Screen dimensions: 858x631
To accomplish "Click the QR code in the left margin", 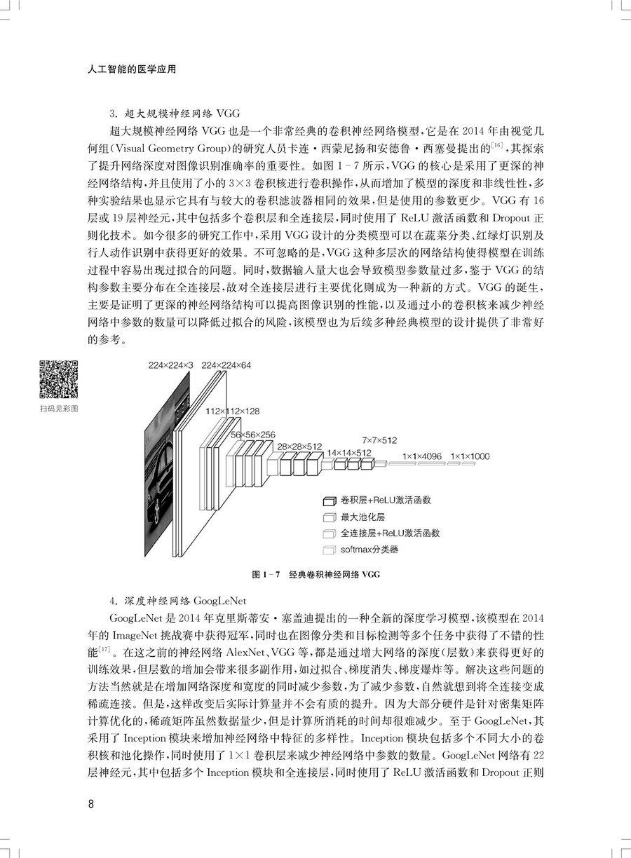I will pos(57,379).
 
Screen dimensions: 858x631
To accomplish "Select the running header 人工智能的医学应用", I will pos(128,69).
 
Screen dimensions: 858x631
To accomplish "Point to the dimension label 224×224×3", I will pos(170,365).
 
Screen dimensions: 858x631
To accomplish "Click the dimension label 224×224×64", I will pos(226,365).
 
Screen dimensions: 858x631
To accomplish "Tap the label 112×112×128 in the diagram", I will pos(233,411).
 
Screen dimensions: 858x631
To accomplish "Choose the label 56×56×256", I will pos(252,435).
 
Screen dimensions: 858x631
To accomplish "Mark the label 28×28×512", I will pos(299,446).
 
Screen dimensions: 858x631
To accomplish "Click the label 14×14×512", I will pos(348,453).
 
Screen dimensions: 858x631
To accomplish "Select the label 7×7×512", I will pos(379,440).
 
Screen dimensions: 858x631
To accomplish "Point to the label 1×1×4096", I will pos(422,456).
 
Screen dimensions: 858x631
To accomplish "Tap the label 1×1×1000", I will pos(470,456).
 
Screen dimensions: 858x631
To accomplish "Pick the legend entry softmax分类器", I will pos(369,550).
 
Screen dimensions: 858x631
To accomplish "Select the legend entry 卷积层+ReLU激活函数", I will pos(385,500).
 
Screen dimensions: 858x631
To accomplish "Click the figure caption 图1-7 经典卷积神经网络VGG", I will pos(315,575).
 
